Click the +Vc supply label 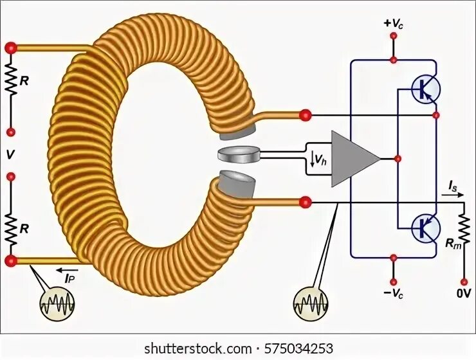394,22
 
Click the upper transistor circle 425,89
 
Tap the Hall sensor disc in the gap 239,154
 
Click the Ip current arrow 68,271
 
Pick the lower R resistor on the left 11,225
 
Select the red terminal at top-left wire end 11,48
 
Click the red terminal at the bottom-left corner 11,261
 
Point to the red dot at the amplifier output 399,158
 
